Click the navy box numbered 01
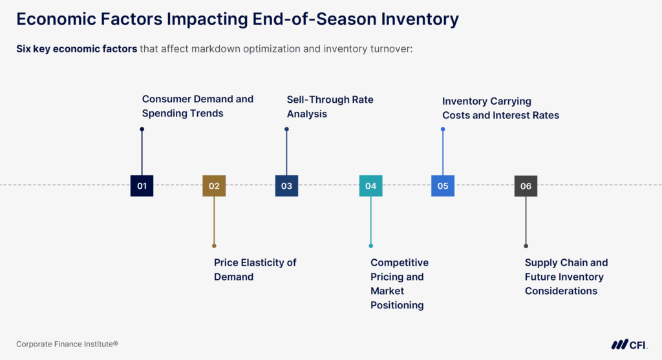pyautogui.click(x=142, y=186)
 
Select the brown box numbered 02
pyautogui.click(x=214, y=186)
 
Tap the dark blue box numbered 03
pyautogui.click(x=286, y=186)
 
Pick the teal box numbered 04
pyautogui.click(x=370, y=186)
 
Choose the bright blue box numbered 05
pyautogui.click(x=443, y=186)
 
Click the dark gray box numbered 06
pyautogui.click(x=526, y=186)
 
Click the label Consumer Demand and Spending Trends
pyautogui.click(x=197, y=106)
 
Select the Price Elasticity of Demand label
pyautogui.click(x=255, y=270)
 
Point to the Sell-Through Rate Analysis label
pyautogui.click(x=330, y=107)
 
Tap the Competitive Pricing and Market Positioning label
pyautogui.click(x=399, y=284)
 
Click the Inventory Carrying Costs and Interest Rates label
pyautogui.click(x=500, y=108)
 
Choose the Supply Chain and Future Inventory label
pyautogui.click(x=566, y=277)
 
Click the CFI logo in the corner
pyautogui.click(x=629, y=344)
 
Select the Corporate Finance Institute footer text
pyautogui.click(x=67, y=344)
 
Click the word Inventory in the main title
pyautogui.click(x=414, y=19)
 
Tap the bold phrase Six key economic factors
pyautogui.click(x=76, y=49)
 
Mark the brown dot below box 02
pyautogui.click(x=214, y=246)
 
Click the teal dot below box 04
pyautogui.click(x=370, y=246)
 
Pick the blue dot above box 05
pyautogui.click(x=443, y=129)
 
